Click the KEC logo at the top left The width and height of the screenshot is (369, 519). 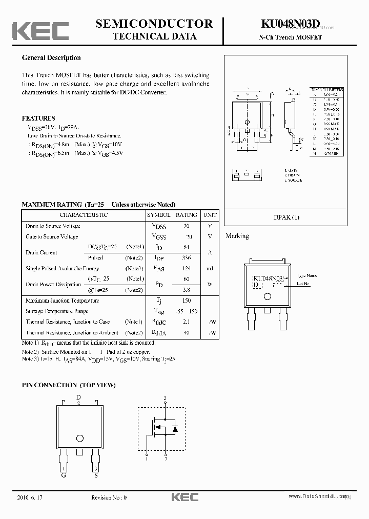coord(40,31)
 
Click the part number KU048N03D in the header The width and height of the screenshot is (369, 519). coord(290,24)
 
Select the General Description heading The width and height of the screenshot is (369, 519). coord(51,58)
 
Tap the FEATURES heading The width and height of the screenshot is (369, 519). coord(38,118)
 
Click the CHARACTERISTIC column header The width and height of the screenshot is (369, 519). coord(84,215)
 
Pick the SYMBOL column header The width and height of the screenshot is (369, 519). coord(159,215)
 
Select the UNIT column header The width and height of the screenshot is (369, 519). coord(210,215)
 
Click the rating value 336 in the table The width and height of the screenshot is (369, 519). coord(186,258)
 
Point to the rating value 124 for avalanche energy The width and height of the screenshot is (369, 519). coord(186,268)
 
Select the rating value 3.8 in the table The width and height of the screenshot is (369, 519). coord(186,290)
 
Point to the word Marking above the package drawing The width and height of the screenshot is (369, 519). coord(237,236)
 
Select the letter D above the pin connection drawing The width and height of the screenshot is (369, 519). coord(78,397)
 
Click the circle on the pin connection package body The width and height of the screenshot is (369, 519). coord(79,438)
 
